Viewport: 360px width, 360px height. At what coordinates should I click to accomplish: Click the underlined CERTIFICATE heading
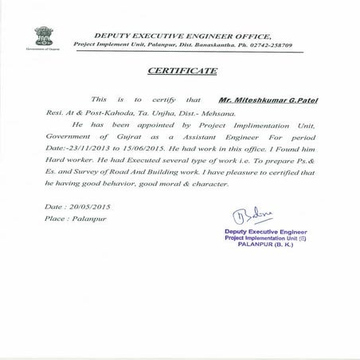(182, 72)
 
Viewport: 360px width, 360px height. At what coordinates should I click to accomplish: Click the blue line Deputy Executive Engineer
(270, 230)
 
